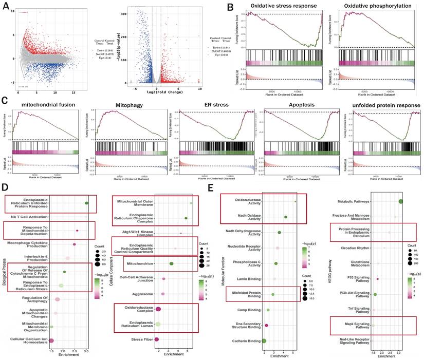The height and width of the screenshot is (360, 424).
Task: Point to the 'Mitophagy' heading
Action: [117, 105]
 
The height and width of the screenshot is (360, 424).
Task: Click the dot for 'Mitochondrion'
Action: [171, 263]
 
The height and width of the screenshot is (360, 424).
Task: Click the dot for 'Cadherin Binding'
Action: [264, 340]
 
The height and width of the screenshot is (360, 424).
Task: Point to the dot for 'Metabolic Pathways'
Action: [401, 201]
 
